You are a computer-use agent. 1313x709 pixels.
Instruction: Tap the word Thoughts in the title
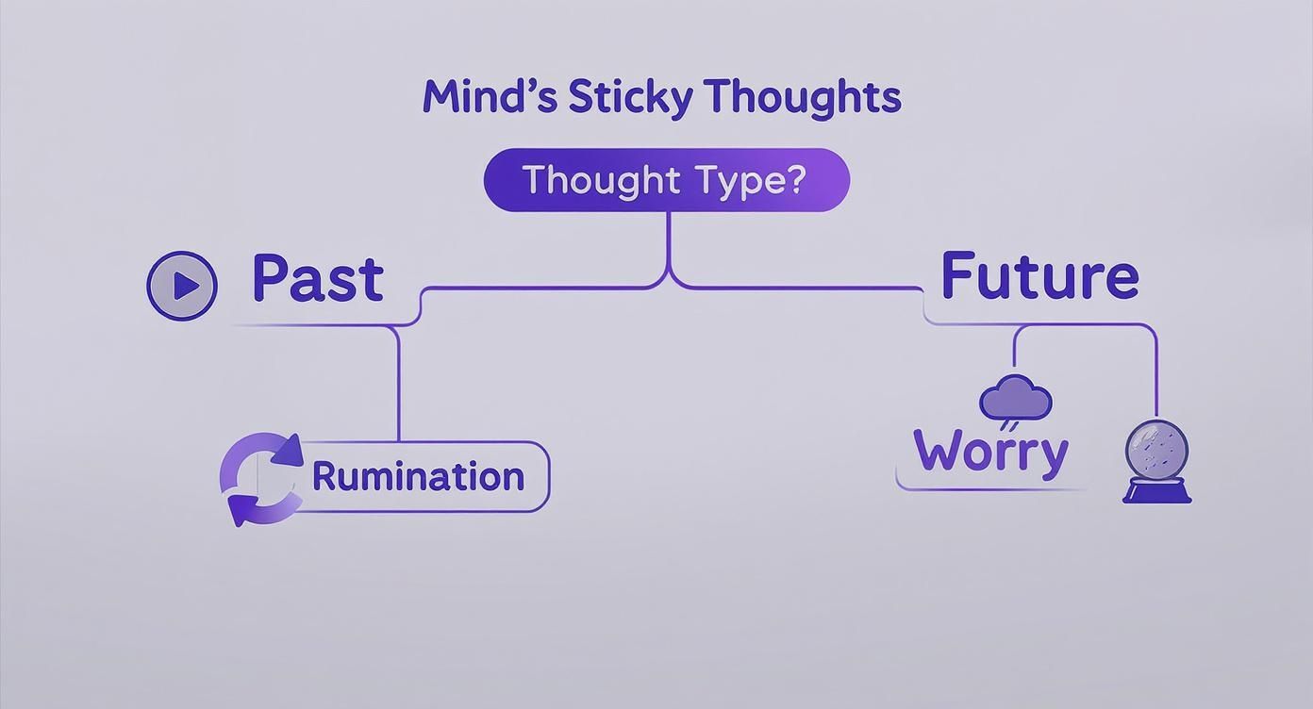[803, 98]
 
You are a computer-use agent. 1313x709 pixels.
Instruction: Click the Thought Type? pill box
[666, 180]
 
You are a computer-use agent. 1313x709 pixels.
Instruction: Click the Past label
[318, 279]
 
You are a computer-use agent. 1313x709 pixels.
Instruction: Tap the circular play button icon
[182, 285]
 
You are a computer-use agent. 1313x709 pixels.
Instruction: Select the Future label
[1039, 276]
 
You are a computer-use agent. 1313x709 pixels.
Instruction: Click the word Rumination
[418, 476]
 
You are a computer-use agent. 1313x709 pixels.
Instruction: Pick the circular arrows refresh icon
[261, 479]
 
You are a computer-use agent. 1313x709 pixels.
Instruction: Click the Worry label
[991, 452]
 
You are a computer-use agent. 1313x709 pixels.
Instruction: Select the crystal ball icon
[1157, 450]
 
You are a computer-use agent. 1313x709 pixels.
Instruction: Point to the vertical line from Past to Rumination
[398, 387]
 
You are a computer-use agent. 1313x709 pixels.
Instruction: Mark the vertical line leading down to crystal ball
[1156, 377]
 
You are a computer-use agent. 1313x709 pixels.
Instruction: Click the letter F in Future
[960, 276]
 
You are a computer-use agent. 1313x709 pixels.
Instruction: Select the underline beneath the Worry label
[990, 489]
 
